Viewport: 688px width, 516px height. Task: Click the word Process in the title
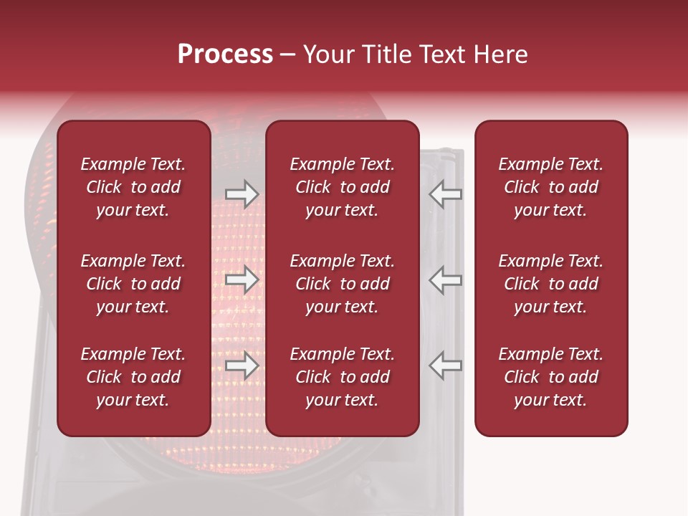pyautogui.click(x=225, y=54)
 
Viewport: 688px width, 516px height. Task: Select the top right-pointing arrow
pyautogui.click(x=242, y=194)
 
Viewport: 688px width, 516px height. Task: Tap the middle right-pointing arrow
pyautogui.click(x=242, y=279)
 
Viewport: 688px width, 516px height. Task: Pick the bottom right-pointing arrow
pyautogui.click(x=242, y=366)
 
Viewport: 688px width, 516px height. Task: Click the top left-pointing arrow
pyautogui.click(x=446, y=194)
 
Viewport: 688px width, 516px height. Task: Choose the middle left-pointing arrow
pyautogui.click(x=446, y=279)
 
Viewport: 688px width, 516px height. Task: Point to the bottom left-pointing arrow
pyautogui.click(x=446, y=366)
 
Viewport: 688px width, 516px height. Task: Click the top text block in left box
pyautogui.click(x=133, y=187)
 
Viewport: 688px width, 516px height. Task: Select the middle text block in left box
pyautogui.click(x=133, y=284)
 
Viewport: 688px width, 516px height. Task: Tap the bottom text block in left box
pyautogui.click(x=133, y=377)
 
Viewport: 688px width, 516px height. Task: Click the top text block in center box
pyautogui.click(x=342, y=187)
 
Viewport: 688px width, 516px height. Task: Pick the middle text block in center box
pyautogui.click(x=342, y=284)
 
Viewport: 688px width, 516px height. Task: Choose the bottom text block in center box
pyautogui.click(x=342, y=377)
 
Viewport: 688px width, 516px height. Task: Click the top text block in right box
pyautogui.click(x=550, y=187)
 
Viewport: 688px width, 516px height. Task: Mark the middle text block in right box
pyautogui.click(x=550, y=284)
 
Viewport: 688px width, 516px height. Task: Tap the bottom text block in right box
pyautogui.click(x=550, y=377)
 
